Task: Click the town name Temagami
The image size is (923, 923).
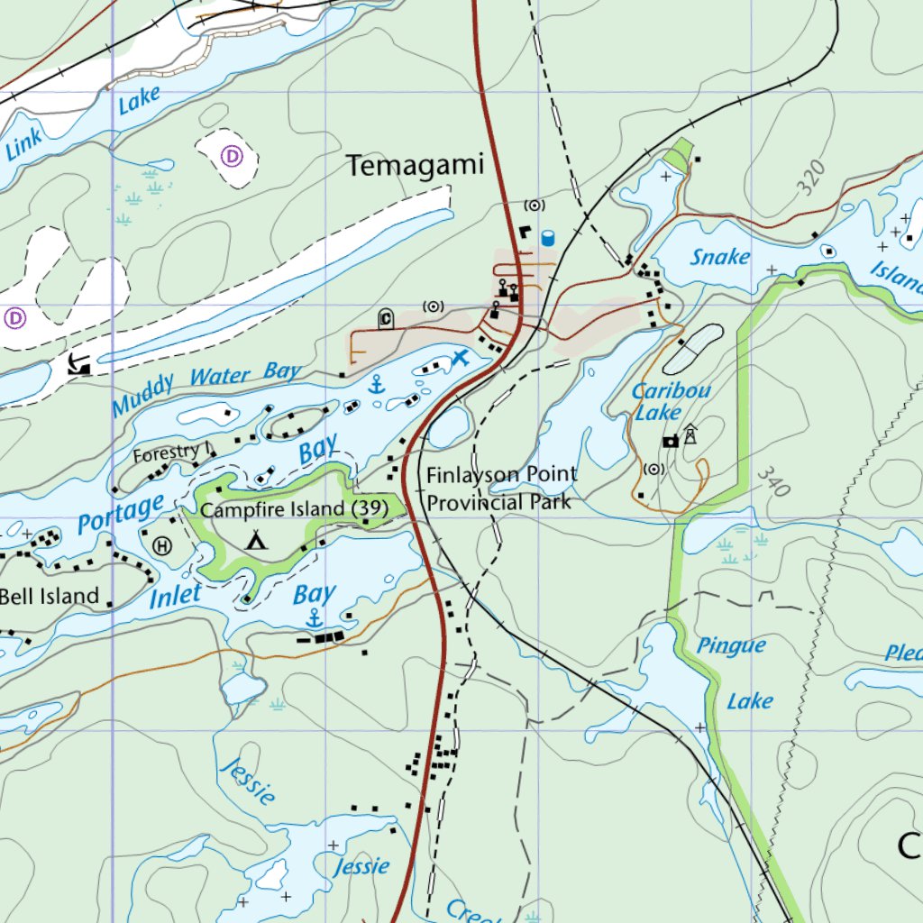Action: pos(416,166)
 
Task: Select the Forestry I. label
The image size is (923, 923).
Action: pos(171,454)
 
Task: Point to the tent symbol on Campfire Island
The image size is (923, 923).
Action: pos(257,541)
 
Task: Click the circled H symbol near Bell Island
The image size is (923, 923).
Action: pos(162,545)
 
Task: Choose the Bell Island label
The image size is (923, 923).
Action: pos(49,596)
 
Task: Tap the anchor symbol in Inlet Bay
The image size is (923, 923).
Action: pos(314,618)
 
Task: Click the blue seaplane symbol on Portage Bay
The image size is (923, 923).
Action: pos(461,358)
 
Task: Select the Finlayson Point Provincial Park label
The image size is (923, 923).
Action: pos(501,488)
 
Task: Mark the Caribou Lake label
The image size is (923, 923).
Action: pos(671,402)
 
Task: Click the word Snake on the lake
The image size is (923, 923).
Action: pos(720,257)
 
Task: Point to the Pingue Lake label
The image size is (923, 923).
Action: pos(737,672)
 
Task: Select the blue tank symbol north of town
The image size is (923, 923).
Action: pos(547,238)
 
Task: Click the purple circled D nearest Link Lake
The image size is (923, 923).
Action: pos(232,157)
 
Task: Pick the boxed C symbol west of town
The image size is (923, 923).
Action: pos(386,317)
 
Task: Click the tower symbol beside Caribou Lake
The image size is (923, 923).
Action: pos(690,434)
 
